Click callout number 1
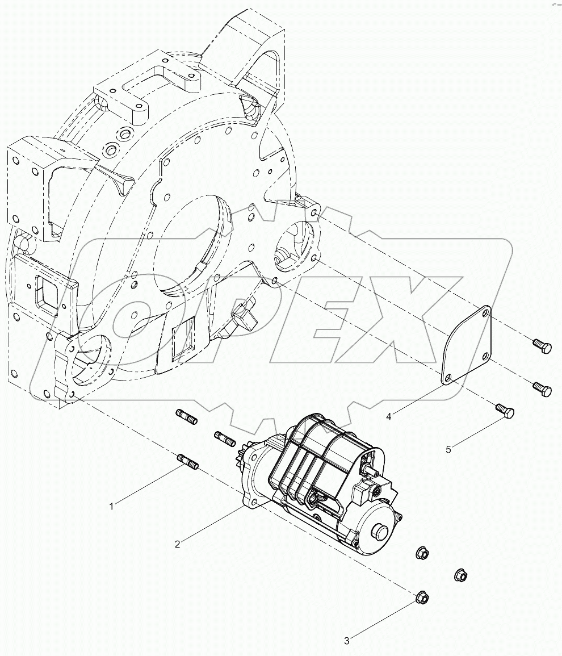(112, 506)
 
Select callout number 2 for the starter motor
(178, 544)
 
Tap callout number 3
(347, 641)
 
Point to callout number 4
(389, 417)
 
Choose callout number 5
(448, 449)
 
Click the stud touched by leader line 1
(187, 461)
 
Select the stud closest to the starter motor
(225, 438)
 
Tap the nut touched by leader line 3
(422, 597)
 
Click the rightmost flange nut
(460, 575)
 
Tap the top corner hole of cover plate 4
(485, 312)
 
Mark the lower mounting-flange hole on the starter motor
(253, 503)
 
